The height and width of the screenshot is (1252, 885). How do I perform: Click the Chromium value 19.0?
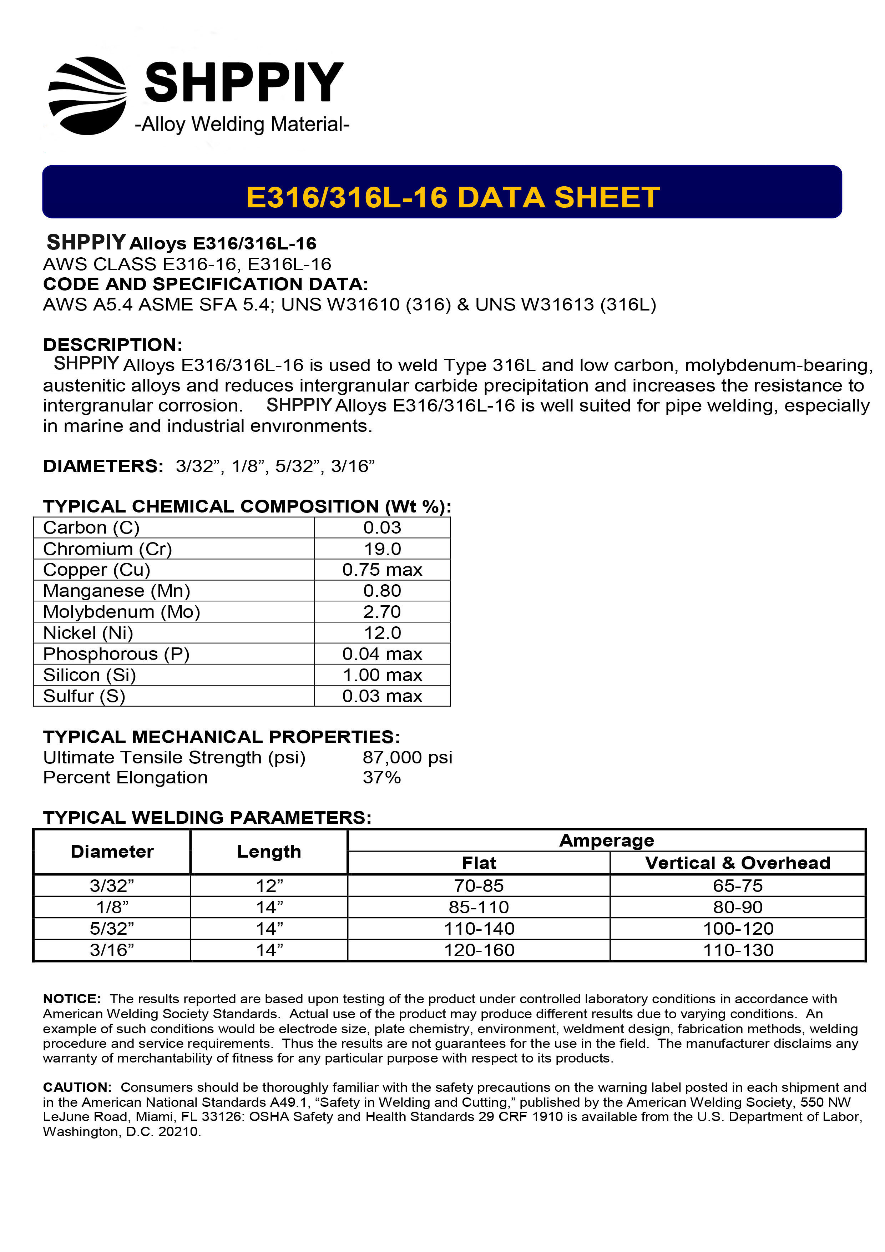382,549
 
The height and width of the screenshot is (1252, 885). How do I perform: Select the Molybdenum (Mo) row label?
122,612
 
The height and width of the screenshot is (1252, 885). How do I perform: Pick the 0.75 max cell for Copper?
382,570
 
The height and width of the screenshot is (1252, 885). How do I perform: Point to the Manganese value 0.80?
382,591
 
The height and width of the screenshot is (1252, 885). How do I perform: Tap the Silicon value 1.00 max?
382,675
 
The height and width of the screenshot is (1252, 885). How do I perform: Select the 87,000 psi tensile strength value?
407,757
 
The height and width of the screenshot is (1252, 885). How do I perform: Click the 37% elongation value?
382,778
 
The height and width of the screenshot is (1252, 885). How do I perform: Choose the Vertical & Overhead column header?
737,863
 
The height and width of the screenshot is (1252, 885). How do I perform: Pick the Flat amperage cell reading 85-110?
479,907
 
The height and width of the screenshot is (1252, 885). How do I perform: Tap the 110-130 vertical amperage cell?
738,950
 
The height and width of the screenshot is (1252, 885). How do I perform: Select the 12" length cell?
269,885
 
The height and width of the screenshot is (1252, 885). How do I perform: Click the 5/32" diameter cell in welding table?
112,929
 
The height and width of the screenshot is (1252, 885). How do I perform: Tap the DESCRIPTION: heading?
113,345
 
